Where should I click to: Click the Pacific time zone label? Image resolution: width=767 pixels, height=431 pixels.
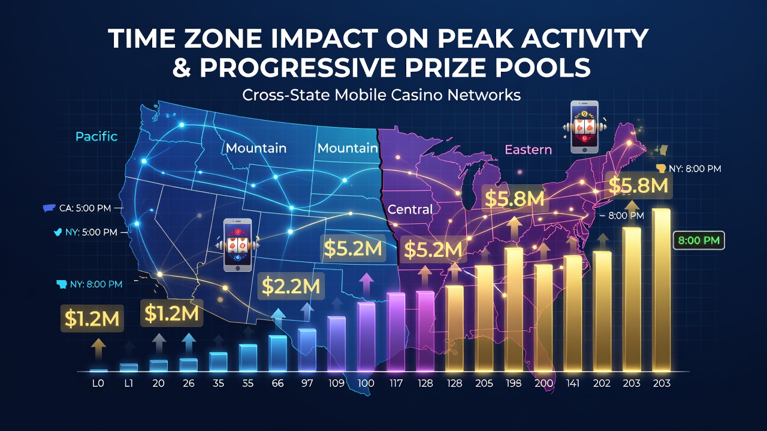point(96,137)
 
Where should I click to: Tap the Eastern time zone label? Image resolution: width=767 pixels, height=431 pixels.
point(529,150)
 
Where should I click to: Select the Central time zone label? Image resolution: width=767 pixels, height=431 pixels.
point(410,210)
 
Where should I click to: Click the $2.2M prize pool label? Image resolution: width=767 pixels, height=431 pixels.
point(291,286)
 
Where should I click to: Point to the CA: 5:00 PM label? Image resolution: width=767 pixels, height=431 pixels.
point(85,208)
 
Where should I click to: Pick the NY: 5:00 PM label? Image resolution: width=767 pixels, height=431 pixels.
point(91,232)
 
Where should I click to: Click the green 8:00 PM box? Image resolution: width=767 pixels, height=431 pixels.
point(699,240)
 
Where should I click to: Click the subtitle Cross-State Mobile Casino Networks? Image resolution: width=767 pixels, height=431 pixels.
point(382,95)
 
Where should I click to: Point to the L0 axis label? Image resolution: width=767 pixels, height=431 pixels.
point(98,384)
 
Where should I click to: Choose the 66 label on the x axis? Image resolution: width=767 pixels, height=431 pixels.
point(277,384)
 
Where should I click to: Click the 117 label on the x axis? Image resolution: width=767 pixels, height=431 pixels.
point(396,384)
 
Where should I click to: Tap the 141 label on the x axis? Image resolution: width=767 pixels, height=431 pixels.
point(572,384)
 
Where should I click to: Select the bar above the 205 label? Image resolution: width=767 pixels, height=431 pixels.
point(484,318)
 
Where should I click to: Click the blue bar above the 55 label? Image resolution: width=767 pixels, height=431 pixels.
point(248,358)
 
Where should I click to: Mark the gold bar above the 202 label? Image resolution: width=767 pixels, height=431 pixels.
point(602,311)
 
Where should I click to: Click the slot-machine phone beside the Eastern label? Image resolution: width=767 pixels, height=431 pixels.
point(584,127)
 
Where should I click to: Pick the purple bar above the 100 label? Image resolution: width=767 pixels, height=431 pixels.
point(366,337)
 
